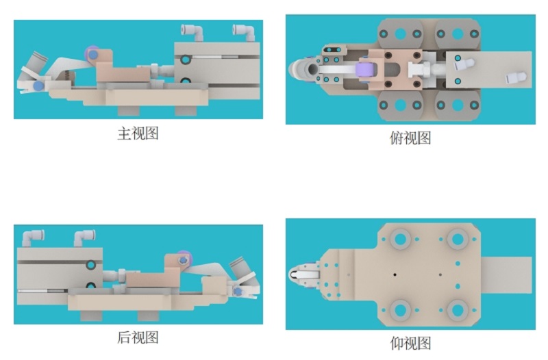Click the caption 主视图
coord(138,133)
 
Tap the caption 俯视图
coord(410,138)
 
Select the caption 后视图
coord(138,337)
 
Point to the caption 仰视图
coord(410,344)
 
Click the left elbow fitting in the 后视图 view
coord(32,237)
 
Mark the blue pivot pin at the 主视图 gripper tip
coord(38,86)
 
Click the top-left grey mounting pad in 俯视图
coord(400,34)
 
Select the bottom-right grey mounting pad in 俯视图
coord(458,105)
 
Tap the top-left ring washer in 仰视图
coord(400,239)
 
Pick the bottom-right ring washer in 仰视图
coord(458,310)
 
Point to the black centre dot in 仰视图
coord(395,275)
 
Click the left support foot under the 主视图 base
coord(128,110)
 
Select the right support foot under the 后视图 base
coord(149,316)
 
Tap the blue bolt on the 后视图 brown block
coord(182,260)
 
